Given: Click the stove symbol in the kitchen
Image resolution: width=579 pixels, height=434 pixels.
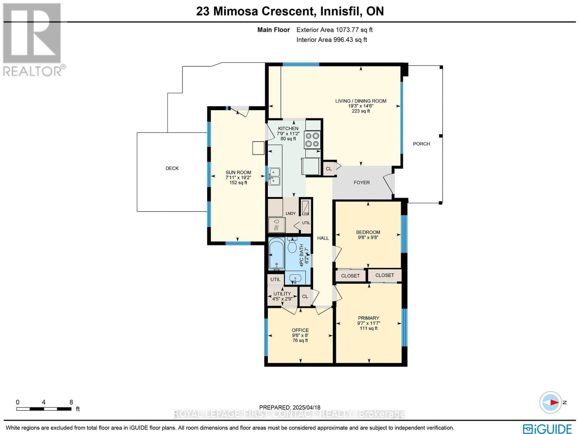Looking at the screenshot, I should click(x=312, y=140).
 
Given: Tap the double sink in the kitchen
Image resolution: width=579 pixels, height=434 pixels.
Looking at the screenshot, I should click(x=274, y=176).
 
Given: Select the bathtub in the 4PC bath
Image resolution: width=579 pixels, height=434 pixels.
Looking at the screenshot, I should click(x=277, y=254).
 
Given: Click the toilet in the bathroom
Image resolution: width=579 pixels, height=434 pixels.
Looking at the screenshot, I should click(x=292, y=245).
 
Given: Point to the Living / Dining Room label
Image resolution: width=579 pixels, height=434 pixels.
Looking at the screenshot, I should click(x=360, y=101).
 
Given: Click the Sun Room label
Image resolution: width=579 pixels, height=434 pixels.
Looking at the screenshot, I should click(x=238, y=172).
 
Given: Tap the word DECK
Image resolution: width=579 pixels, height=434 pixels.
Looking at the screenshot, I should click(x=172, y=168).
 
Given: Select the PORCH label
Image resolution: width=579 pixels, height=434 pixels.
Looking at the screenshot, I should click(x=421, y=144).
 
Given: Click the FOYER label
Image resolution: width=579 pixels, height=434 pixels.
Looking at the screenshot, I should click(x=362, y=183).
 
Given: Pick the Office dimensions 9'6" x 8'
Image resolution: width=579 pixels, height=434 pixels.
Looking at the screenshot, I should click(x=300, y=335).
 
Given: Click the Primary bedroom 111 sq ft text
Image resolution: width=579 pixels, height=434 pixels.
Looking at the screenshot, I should click(x=368, y=328).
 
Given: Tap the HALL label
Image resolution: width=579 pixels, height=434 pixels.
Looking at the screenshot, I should click(x=323, y=238).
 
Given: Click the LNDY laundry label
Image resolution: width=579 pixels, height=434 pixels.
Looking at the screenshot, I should click(x=290, y=213).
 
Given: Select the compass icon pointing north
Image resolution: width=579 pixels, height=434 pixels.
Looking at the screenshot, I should click(x=550, y=402).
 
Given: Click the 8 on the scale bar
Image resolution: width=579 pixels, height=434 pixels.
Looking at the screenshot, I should click(x=71, y=402).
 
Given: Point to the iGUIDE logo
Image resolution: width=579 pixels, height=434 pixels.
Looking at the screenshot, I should click(x=547, y=429).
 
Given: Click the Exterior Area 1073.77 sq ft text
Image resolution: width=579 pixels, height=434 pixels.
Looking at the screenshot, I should click(x=334, y=30).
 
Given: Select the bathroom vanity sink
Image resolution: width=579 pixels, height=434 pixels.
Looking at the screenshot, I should click(x=296, y=279).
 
